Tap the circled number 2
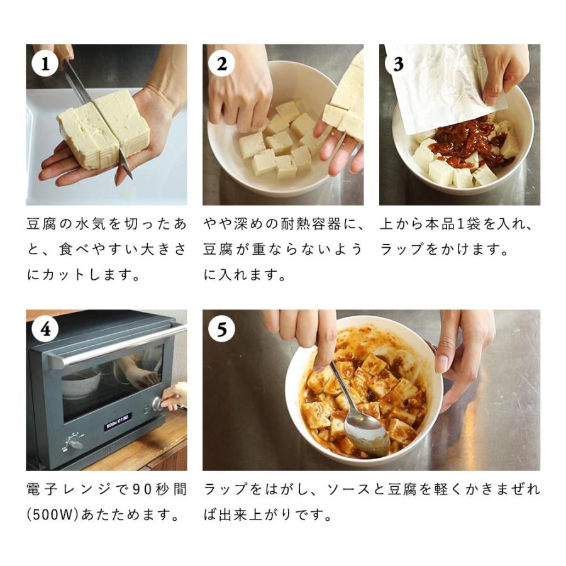[x=221, y=64]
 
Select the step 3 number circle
[x=398, y=64]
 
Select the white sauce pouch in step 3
[x=434, y=85]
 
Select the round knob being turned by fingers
[x=157, y=403]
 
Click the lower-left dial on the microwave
[x=75, y=444]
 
